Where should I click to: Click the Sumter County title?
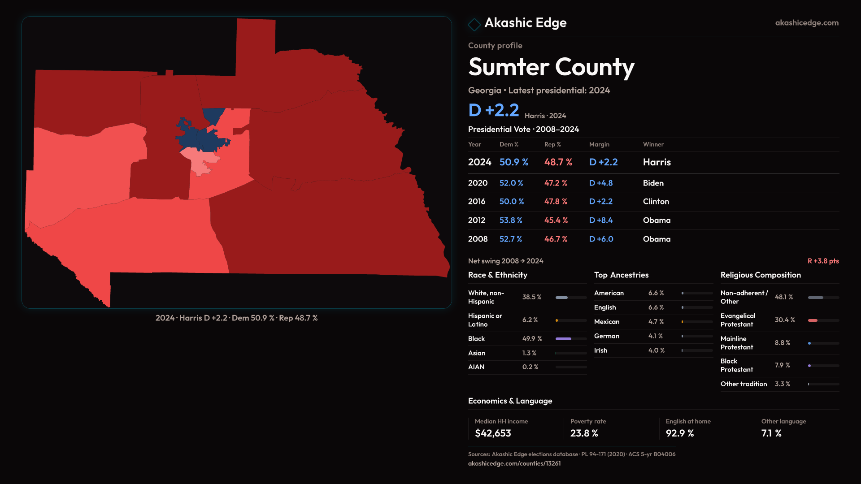pos(551,67)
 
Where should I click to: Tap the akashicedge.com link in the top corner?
pos(807,23)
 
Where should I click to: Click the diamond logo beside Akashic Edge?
pos(474,24)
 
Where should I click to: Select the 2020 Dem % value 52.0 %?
pos(511,183)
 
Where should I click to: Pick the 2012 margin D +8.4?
pos(601,220)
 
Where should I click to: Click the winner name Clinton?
pos(656,202)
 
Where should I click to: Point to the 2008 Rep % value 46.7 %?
pos(556,239)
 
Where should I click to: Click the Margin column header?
pos(599,144)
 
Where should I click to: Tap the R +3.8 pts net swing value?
pos(823,261)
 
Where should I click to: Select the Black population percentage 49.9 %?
pos(532,339)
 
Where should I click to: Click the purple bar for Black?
pos(563,339)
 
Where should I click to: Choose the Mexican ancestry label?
pos(607,322)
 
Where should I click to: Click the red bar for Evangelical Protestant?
pos(813,320)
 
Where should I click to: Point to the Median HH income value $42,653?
pos(493,433)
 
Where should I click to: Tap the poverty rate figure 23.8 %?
pos(584,433)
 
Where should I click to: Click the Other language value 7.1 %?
pos(771,433)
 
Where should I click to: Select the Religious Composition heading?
pos(761,275)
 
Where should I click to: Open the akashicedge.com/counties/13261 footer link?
pos(514,463)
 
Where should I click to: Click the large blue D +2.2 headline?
pos(493,110)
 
